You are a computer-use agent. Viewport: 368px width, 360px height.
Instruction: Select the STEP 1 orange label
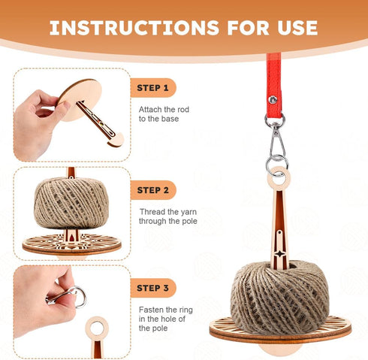click(x=153, y=88)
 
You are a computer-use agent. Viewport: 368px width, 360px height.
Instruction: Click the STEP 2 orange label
click(x=153, y=190)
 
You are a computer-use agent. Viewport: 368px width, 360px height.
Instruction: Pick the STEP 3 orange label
click(x=153, y=288)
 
